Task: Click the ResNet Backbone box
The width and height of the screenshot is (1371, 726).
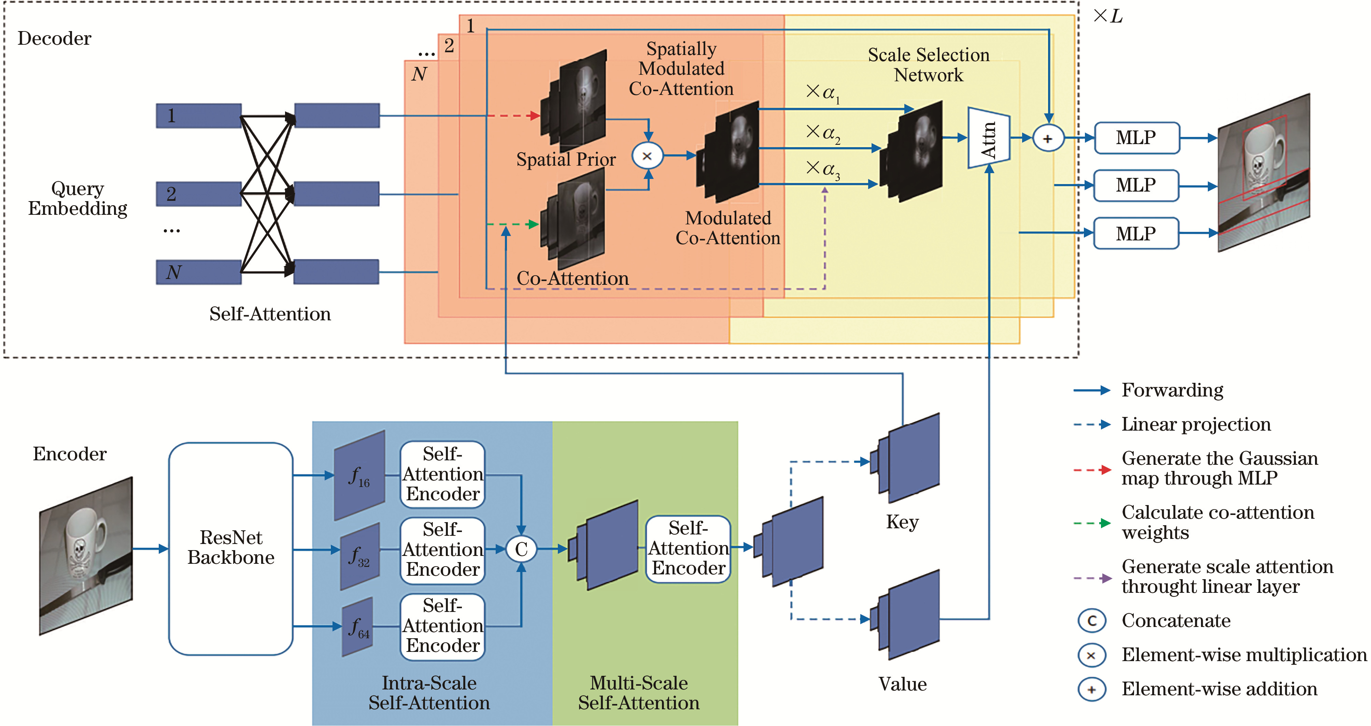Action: [x=230, y=548]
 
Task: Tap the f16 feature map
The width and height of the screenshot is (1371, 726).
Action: [x=359, y=475]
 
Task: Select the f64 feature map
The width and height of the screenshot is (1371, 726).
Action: [x=357, y=627]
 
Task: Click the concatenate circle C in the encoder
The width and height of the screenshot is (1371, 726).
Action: [x=521, y=549]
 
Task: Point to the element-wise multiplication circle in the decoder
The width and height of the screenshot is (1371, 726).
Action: [x=647, y=156]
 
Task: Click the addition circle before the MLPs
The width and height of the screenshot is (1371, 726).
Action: [x=1047, y=138]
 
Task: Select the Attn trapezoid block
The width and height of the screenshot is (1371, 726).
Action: [x=988, y=138]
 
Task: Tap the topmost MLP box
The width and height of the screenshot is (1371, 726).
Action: [x=1136, y=138]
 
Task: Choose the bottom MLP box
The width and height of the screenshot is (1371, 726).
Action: [x=1136, y=233]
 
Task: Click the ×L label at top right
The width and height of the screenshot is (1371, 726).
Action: [x=1107, y=16]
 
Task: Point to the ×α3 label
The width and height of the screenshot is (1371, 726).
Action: [x=822, y=170]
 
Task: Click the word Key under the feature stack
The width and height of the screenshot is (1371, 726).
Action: [x=902, y=522]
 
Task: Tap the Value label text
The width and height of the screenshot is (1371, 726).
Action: [x=902, y=684]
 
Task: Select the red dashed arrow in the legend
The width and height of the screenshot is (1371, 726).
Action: [x=1092, y=470]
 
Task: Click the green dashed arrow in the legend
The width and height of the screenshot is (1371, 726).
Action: [x=1092, y=523]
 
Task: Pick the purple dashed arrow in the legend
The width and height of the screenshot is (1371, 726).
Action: [x=1092, y=578]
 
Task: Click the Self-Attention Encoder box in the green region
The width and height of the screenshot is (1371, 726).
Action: [x=688, y=549]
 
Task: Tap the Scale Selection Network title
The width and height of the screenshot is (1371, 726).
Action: [x=929, y=65]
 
